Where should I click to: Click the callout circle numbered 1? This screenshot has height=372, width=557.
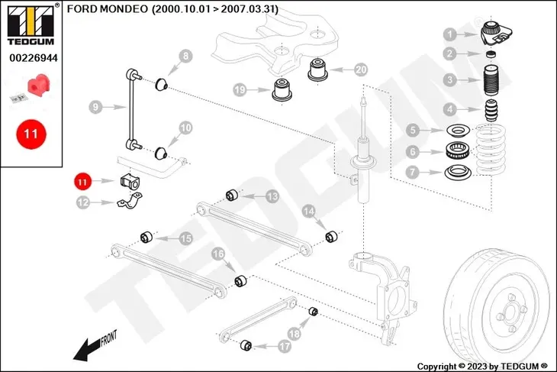click(x=450, y=34)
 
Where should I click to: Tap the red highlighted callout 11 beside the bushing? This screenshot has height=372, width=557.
click(x=82, y=181)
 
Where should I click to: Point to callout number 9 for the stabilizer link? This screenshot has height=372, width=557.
click(x=95, y=108)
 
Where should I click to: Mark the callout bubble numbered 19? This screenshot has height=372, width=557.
click(x=240, y=90)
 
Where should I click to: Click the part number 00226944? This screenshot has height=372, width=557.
click(x=31, y=57)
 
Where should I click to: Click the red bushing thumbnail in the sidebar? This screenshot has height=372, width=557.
click(x=33, y=86)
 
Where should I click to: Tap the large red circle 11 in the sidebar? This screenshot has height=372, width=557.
click(x=31, y=133)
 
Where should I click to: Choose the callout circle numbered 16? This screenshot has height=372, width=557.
click(x=217, y=254)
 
